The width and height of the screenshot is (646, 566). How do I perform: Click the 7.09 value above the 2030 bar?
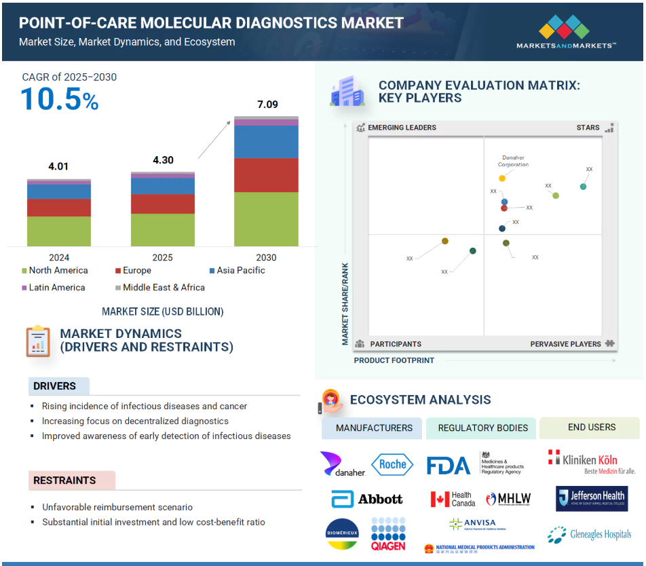pos(267,105)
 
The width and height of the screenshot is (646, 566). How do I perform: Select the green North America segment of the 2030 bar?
pos(266,219)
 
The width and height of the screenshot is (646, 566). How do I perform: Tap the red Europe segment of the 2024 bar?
pos(59,207)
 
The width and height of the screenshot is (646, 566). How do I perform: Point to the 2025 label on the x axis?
pos(163,257)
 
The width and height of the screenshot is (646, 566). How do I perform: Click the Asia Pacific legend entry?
pos(237,270)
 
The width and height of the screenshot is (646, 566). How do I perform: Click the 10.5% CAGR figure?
pos(60,100)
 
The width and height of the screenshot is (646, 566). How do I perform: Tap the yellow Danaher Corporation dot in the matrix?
pos(502,178)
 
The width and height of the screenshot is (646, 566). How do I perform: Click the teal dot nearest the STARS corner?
pos(583,187)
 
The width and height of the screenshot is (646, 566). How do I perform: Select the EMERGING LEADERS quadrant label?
pos(401,128)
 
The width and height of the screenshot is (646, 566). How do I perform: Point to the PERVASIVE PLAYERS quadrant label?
pos(565,344)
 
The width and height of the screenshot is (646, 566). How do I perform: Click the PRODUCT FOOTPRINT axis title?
pos(394,360)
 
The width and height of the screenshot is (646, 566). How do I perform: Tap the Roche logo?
pos(392,464)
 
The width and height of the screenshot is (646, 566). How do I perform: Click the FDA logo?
pos(449,466)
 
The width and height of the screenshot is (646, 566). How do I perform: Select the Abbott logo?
pos(367,499)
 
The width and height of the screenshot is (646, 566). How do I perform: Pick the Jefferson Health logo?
pos(592,498)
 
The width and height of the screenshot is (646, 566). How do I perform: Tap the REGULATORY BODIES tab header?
pos(482,428)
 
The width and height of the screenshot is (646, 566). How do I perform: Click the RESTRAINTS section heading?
pos(65,480)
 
